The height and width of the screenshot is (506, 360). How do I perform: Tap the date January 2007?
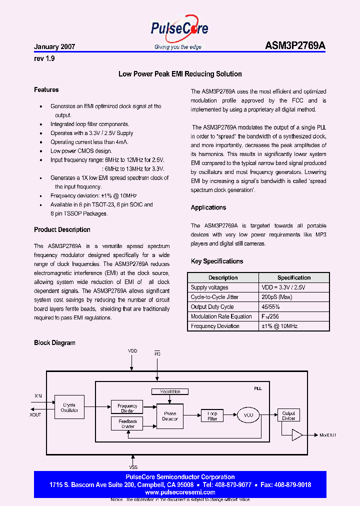pos(54,46)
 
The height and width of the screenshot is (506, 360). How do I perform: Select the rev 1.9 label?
pos(44,58)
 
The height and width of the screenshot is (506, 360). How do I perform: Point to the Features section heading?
pos(46,90)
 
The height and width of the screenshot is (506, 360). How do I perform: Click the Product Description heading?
pos(62,230)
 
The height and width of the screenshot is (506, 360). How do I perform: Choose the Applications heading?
pos(208,207)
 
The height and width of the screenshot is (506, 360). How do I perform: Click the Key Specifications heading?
pos(217,261)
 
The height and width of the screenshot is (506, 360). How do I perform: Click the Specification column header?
pos(294,277)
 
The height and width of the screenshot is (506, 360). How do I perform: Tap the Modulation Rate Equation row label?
pos(221,316)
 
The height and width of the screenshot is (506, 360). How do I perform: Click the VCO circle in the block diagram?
pos(248,415)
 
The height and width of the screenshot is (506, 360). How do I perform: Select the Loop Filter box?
pos(212,415)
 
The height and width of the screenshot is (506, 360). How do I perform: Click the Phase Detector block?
pos(170,416)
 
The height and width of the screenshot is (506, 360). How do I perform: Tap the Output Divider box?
pos(288,415)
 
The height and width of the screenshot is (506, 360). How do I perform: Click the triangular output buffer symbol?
pos(297,435)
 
